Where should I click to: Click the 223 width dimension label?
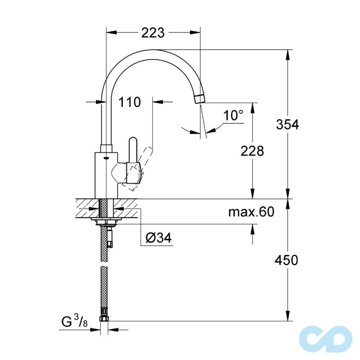point(153,33)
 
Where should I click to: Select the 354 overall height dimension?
point(287,124)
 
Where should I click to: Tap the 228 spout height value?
point(252,151)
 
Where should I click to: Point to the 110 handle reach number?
point(129,102)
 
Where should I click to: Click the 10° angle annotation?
point(233,115)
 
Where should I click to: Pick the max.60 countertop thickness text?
point(251,212)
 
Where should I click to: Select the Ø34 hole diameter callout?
point(158,238)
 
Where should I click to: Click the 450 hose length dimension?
point(287,260)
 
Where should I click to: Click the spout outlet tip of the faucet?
point(199,99)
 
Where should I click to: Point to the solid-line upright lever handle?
point(134,155)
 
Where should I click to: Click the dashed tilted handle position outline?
point(141,169)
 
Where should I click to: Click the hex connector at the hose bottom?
point(105,319)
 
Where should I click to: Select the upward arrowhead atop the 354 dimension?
point(288,54)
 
